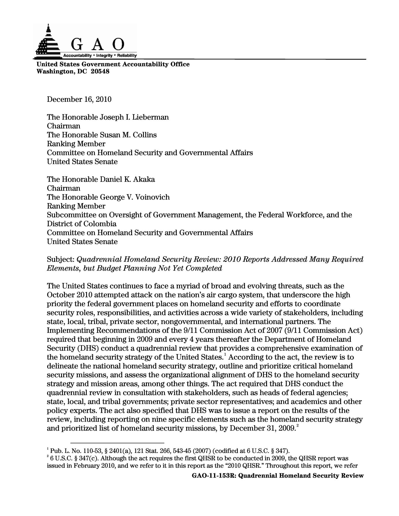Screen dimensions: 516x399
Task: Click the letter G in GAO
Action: coord(77,44)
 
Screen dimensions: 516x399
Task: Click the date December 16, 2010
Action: coord(79,99)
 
